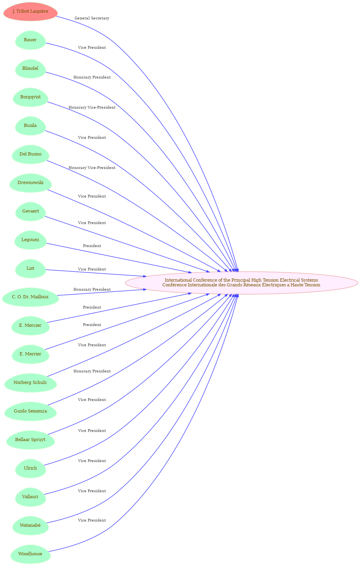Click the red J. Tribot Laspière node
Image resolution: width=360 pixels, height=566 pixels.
click(x=30, y=12)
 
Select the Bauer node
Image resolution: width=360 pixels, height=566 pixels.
click(x=30, y=40)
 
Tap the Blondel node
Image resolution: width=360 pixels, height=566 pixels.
click(x=30, y=69)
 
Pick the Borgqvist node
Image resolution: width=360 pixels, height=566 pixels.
click(x=30, y=97)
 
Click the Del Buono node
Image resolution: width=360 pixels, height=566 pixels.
click(x=30, y=154)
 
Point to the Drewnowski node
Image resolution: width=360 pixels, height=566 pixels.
click(x=30, y=183)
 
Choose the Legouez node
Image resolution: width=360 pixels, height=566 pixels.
click(x=30, y=240)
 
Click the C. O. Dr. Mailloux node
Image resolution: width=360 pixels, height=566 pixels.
click(x=30, y=297)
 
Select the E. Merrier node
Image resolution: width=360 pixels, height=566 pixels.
click(x=30, y=354)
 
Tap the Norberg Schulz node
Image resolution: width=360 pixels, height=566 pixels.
click(x=30, y=382)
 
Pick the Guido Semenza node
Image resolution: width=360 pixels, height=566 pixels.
click(x=30, y=411)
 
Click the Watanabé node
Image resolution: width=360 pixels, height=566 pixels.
click(x=30, y=525)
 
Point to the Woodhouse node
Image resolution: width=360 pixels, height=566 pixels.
click(x=30, y=554)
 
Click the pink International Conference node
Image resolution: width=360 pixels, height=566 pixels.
click(x=241, y=283)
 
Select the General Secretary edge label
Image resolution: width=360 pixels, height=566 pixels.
click(x=92, y=18)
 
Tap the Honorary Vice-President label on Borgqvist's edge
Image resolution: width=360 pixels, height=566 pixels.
click(x=92, y=107)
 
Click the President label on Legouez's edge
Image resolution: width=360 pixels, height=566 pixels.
click(x=92, y=246)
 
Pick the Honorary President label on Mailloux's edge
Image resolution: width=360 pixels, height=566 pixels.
click(x=92, y=290)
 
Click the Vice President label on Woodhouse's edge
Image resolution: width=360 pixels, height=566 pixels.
click(x=92, y=520)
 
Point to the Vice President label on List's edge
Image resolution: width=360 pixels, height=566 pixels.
click(x=92, y=269)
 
